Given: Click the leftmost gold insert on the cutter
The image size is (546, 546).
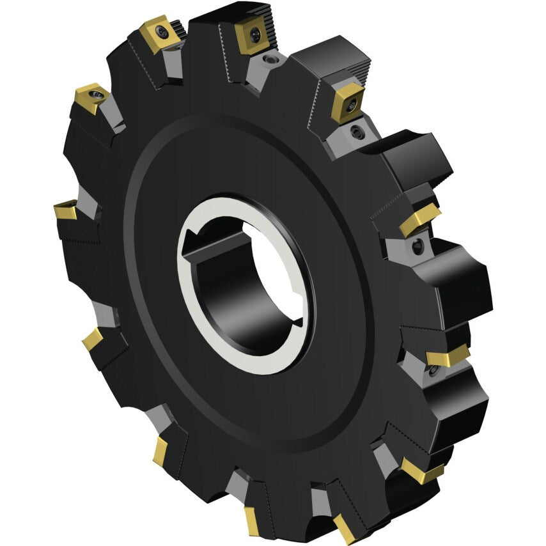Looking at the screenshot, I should tap(65, 210).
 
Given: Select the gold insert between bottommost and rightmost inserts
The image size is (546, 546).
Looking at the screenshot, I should tap(422, 472).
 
